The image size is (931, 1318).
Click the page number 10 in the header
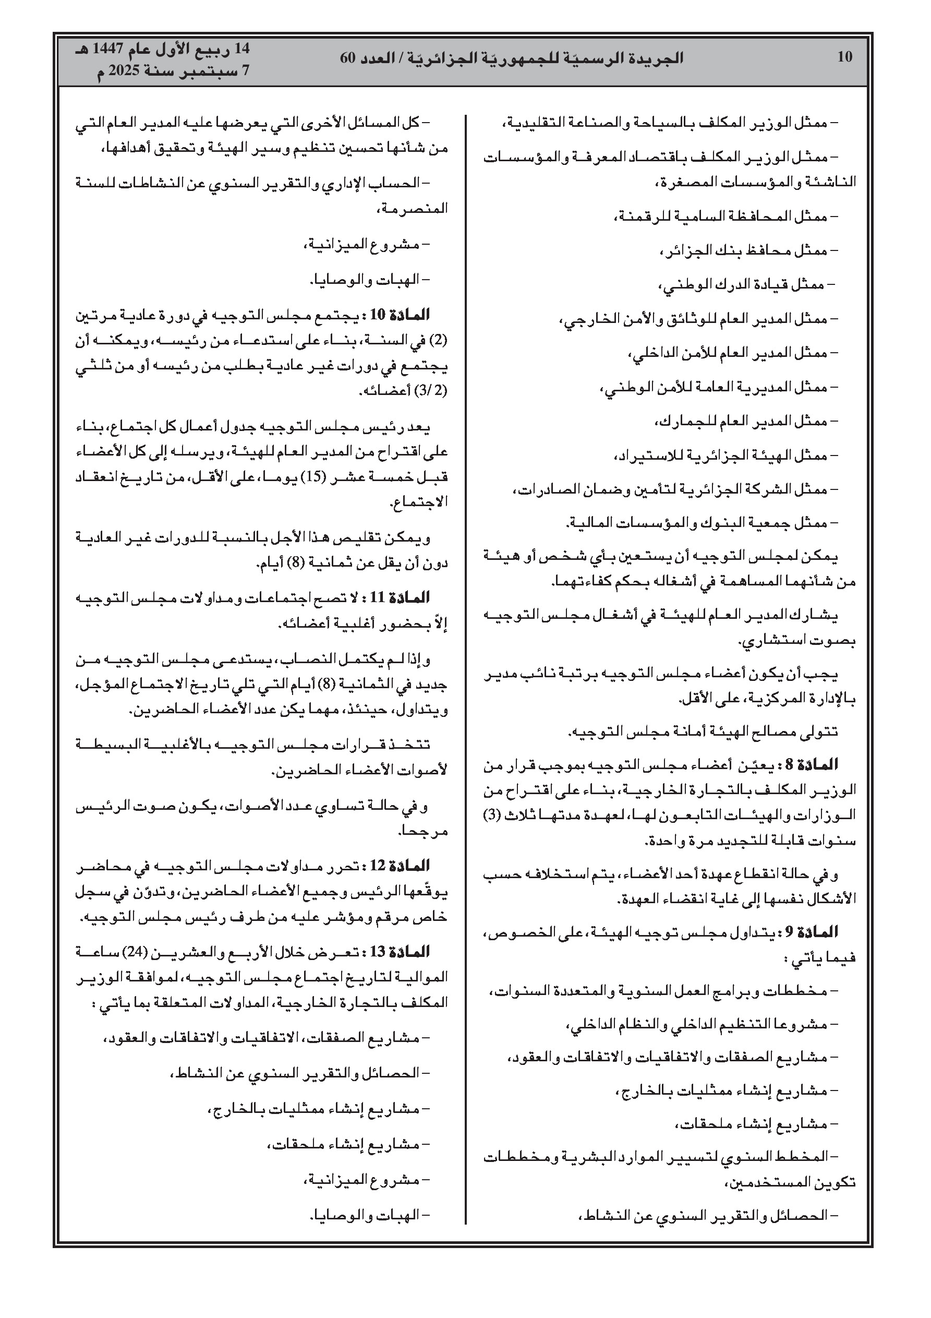(x=845, y=57)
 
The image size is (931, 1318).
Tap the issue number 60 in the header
(x=348, y=58)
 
